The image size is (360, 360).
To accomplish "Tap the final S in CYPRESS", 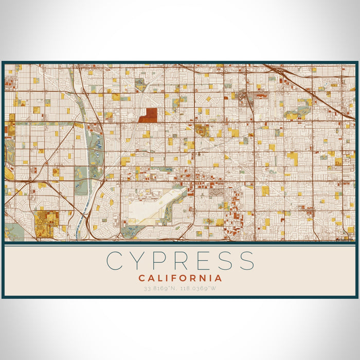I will click(246, 261).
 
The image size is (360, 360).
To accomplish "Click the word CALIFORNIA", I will click(180, 278).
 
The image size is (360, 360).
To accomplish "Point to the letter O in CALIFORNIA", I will click(188, 278).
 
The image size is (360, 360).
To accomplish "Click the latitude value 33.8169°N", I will click(160, 288).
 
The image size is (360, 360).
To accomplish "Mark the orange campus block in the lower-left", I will click(46, 220).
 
